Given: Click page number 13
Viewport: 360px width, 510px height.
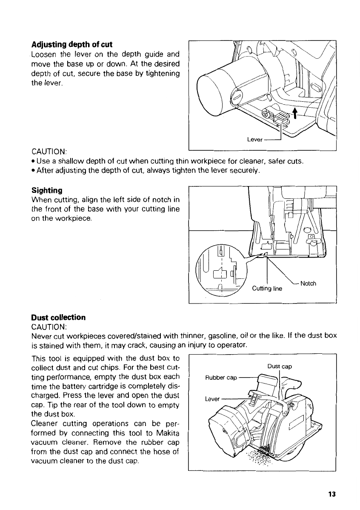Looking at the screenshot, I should pos(332,494).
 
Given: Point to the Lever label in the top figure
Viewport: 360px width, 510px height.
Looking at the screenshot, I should pos(255,139).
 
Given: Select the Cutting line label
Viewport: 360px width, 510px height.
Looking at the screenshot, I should pos(267,289).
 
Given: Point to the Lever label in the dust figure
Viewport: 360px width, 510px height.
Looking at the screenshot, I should pos(212,399).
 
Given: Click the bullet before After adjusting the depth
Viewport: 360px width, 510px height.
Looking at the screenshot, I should pos(33,171).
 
